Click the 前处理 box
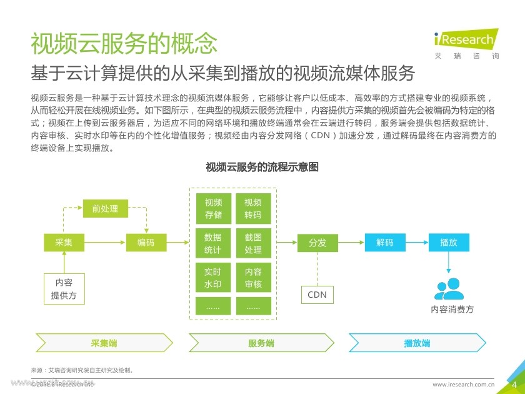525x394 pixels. pyautogui.click(x=105, y=208)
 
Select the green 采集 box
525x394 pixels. pyautogui.click(x=64, y=242)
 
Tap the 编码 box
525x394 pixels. pyautogui.click(x=146, y=242)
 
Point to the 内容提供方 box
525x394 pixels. pyautogui.click(x=64, y=289)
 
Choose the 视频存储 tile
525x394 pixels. pyautogui.click(x=213, y=208)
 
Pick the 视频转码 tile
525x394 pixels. pyautogui.click(x=253, y=208)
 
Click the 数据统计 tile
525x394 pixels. pyautogui.click(x=213, y=244)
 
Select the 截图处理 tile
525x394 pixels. pyautogui.click(x=253, y=244)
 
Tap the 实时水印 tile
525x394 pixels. pyautogui.click(x=213, y=278)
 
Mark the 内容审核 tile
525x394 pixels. pyautogui.click(x=253, y=278)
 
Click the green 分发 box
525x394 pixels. pyautogui.click(x=317, y=242)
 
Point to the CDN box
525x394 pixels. pyautogui.click(x=317, y=295)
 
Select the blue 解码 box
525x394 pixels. pyautogui.click(x=385, y=242)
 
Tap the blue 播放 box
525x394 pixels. pyautogui.click(x=449, y=242)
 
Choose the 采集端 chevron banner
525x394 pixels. pyautogui.click(x=104, y=343)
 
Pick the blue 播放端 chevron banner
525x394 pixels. pyautogui.click(x=416, y=343)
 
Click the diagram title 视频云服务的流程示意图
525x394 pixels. pyautogui.click(x=262, y=167)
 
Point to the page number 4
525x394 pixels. pyautogui.click(x=514, y=384)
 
